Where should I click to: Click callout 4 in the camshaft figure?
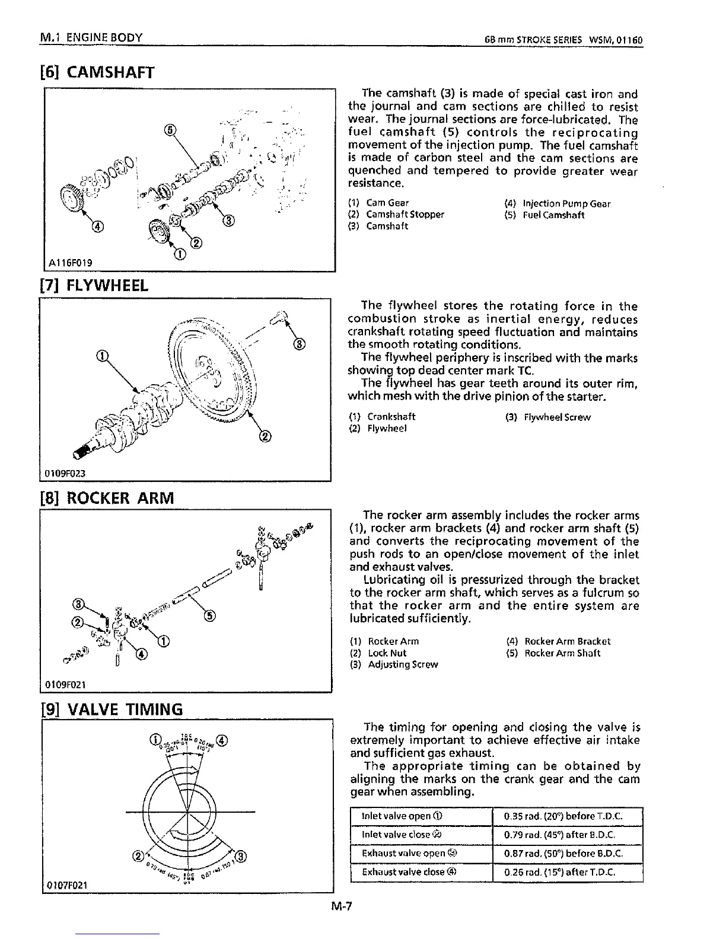point(95,225)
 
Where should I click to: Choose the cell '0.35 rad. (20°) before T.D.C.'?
point(567,816)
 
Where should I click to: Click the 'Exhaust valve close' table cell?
point(421,872)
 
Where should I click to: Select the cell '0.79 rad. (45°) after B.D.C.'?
point(567,835)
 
